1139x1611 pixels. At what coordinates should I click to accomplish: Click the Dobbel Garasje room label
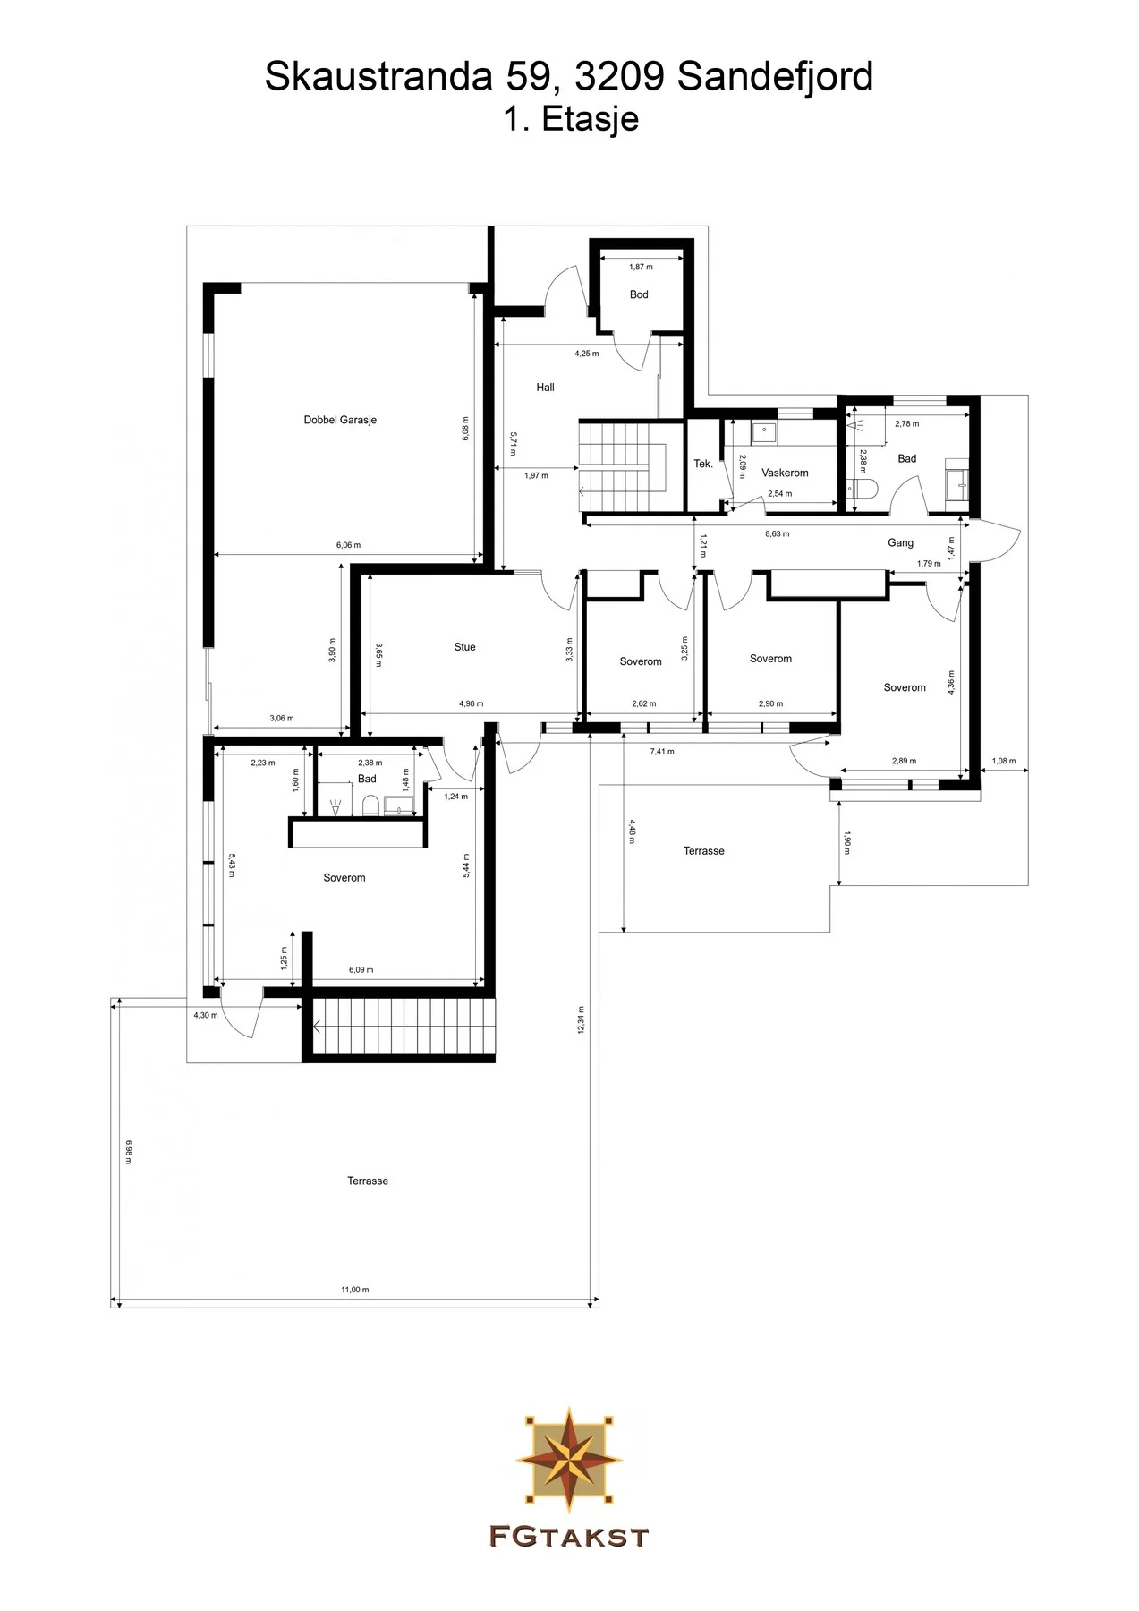pyautogui.click(x=340, y=420)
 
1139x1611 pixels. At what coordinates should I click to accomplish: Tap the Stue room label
pyautogui.click(x=464, y=647)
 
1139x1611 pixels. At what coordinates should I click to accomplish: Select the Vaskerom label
pyautogui.click(x=785, y=473)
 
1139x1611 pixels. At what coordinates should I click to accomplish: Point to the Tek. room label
pyautogui.click(x=703, y=464)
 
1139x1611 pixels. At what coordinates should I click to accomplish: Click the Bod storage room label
pyautogui.click(x=639, y=294)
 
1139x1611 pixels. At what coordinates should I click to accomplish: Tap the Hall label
pyautogui.click(x=545, y=388)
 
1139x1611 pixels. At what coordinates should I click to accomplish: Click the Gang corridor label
pyautogui.click(x=900, y=542)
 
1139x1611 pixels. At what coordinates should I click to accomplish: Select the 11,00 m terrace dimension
pyautogui.click(x=354, y=1290)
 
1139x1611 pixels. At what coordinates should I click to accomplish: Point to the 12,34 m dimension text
pyautogui.click(x=581, y=1019)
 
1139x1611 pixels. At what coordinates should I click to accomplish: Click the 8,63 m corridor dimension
pyautogui.click(x=777, y=534)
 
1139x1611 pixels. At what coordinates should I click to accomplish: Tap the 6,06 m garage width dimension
pyautogui.click(x=348, y=545)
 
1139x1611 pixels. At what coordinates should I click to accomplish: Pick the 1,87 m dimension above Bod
pyautogui.click(x=641, y=267)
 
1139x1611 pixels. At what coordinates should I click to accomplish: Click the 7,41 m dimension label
pyautogui.click(x=662, y=752)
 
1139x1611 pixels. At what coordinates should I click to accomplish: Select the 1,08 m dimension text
pyautogui.click(x=1004, y=762)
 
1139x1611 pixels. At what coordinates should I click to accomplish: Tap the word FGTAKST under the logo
pyautogui.click(x=569, y=1538)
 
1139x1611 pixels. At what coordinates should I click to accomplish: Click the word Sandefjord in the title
pyautogui.click(x=775, y=78)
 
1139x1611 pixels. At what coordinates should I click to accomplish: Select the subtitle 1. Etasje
pyautogui.click(x=570, y=119)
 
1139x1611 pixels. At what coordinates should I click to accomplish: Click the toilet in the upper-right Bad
pyautogui.click(x=863, y=489)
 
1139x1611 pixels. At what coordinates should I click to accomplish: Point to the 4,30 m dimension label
pyautogui.click(x=205, y=1015)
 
